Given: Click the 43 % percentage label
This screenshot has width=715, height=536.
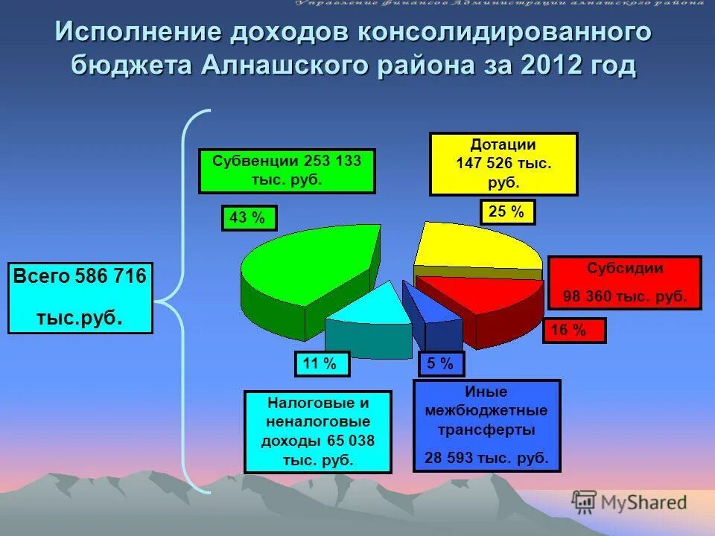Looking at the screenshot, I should (249, 217).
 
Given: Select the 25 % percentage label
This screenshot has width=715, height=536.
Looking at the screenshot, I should (507, 212).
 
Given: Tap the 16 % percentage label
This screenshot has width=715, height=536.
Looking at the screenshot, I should (574, 331).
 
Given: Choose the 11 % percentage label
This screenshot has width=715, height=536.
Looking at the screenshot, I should (322, 363).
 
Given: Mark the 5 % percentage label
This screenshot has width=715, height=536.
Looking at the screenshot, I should (442, 364).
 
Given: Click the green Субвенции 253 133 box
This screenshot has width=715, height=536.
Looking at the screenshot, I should (287, 171).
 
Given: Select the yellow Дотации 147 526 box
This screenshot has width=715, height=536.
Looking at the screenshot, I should (503, 164).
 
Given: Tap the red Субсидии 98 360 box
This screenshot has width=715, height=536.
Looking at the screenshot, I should (624, 283).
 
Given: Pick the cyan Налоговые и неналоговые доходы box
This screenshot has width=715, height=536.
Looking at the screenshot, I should (318, 432).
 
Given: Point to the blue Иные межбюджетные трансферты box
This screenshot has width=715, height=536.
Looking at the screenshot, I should (486, 424).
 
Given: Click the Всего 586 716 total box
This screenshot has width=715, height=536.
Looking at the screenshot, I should (80, 297).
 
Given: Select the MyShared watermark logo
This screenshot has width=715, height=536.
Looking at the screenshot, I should (629, 502).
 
